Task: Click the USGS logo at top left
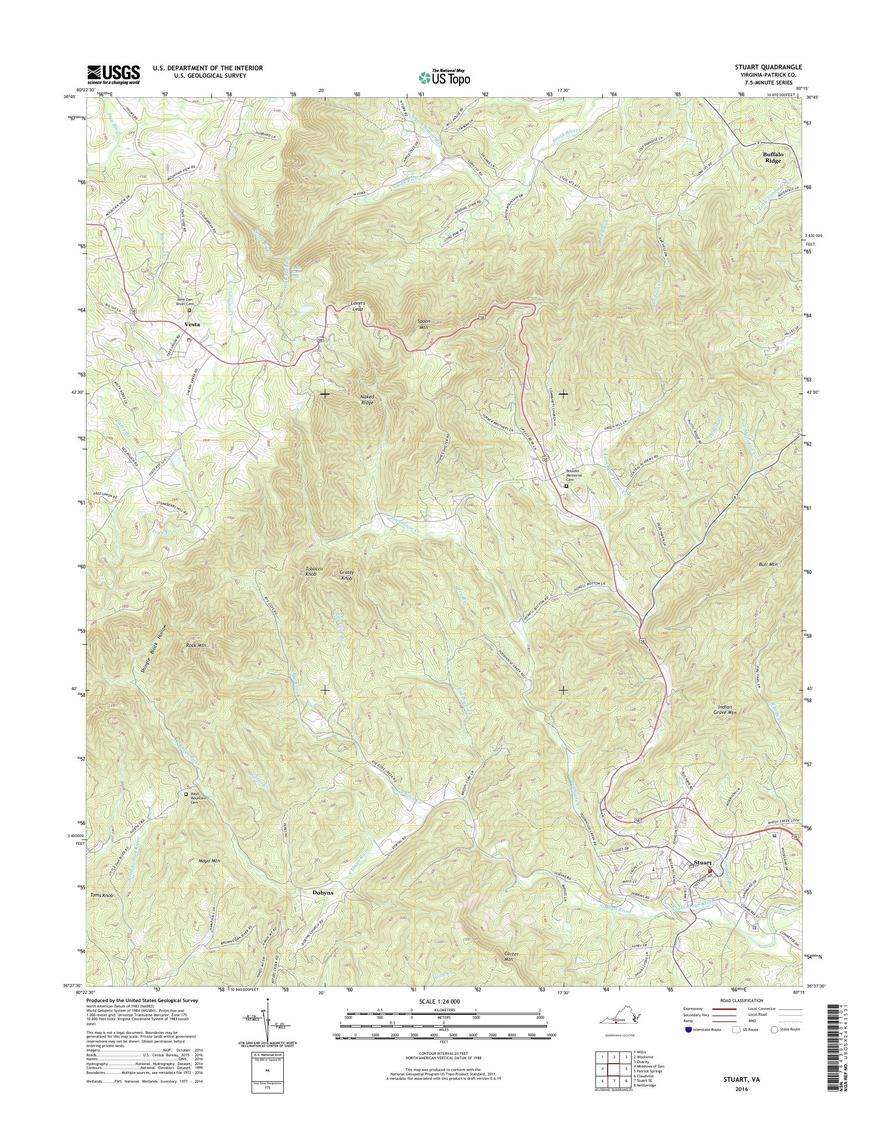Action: pos(113,74)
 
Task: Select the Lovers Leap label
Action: pos(357,306)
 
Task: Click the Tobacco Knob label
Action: pos(315,572)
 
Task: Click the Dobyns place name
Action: pos(323,893)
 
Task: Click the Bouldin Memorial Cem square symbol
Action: pos(567,486)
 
